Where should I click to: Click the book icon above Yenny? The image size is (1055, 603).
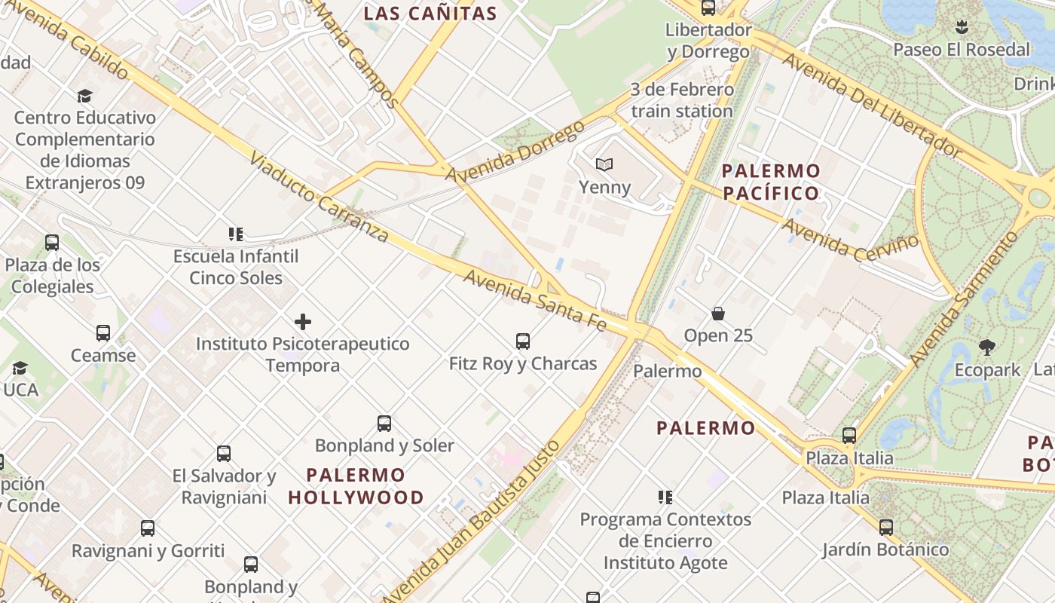pos(604,164)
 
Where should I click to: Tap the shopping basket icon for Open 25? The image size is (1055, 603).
pos(717,313)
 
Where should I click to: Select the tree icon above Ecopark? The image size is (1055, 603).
pos(987,347)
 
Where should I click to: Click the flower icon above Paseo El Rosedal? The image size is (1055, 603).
pos(961,28)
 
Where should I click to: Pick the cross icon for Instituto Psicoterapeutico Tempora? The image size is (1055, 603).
pos(303,323)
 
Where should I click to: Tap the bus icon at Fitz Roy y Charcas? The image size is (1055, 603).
pos(523,341)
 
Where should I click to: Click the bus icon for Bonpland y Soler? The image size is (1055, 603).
pos(384,424)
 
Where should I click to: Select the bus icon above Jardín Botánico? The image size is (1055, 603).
pos(886,528)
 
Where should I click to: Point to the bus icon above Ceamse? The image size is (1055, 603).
pos(103,333)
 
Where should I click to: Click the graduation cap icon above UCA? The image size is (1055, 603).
pos(20,368)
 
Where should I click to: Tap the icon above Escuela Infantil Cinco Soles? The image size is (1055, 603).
pos(236,234)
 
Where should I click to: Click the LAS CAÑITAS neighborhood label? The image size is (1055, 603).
pos(430,14)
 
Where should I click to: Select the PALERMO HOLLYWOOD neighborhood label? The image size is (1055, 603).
pos(356,486)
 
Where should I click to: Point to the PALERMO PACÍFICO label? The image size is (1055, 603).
pos(770,182)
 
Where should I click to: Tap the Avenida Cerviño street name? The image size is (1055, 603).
pos(851,240)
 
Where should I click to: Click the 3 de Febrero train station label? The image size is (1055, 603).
pos(682,100)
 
